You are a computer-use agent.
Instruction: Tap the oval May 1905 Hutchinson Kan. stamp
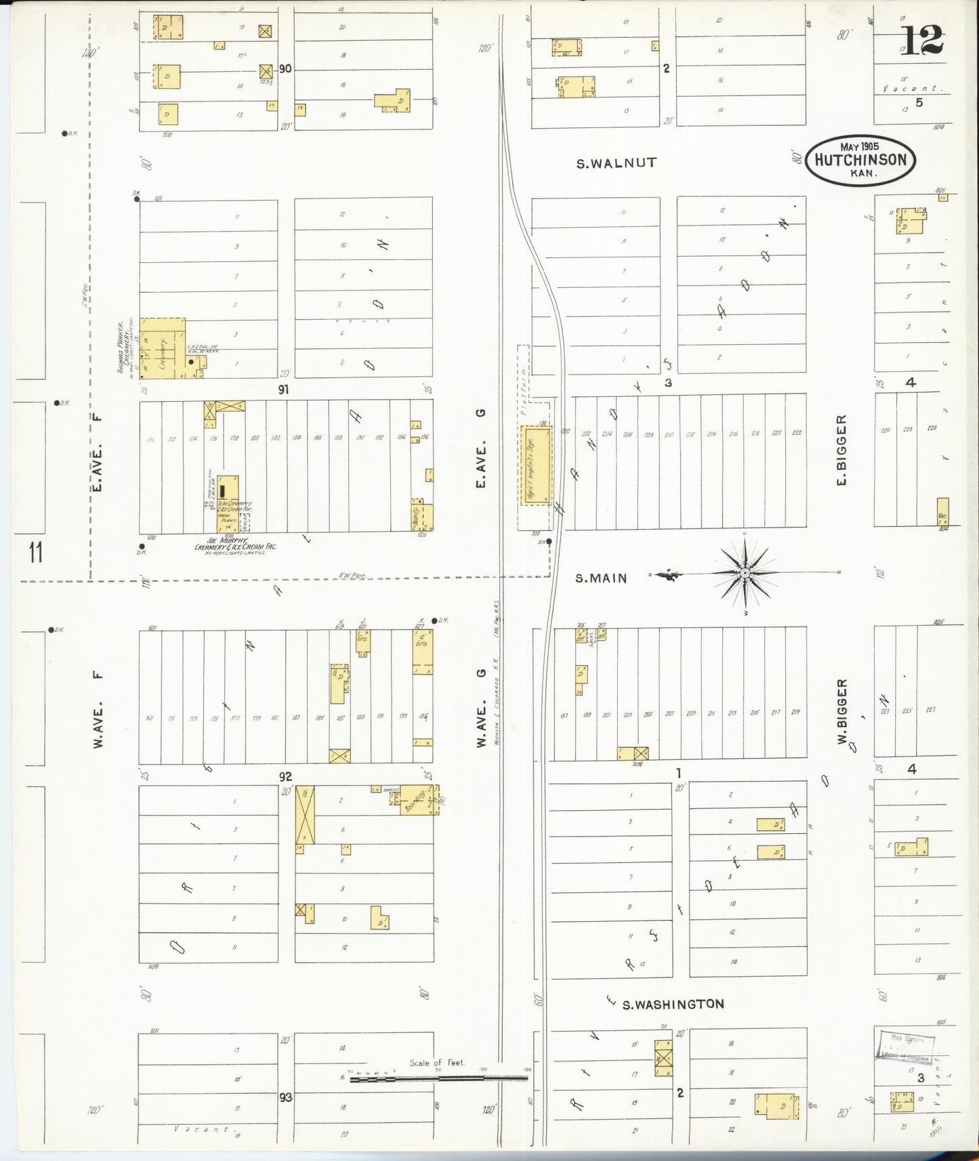(860, 161)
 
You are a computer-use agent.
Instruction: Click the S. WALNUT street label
(616, 163)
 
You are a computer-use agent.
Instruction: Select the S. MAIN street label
(601, 578)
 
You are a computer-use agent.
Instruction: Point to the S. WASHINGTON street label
(673, 1004)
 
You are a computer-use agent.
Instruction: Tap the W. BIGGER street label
(842, 711)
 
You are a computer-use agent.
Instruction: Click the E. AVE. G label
(481, 449)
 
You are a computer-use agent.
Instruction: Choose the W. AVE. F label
(99, 709)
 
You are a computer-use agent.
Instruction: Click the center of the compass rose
(745, 573)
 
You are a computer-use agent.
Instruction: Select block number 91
(283, 390)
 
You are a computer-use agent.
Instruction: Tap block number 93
(285, 1097)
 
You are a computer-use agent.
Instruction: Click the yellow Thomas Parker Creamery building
(161, 348)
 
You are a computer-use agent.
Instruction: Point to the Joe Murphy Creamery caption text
(235, 544)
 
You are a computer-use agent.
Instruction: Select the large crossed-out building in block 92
(305, 814)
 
